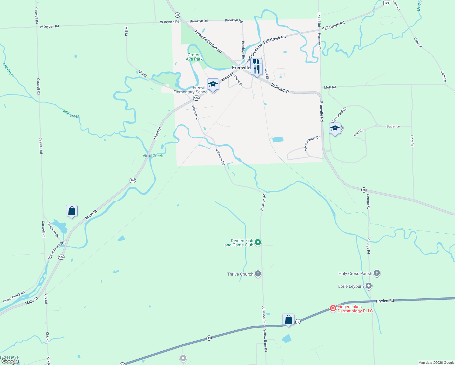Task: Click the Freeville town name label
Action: pyautogui.click(x=241, y=68)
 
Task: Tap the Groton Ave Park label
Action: pyautogui.click(x=194, y=57)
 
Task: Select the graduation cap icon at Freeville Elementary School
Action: pyautogui.click(x=213, y=84)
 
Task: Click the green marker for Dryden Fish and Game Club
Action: pyautogui.click(x=258, y=242)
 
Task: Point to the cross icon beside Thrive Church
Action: pyautogui.click(x=258, y=274)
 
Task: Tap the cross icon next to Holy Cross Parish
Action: pyautogui.click(x=377, y=273)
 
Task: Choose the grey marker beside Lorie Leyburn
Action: pyautogui.click(x=369, y=286)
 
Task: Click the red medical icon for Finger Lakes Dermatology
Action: pyautogui.click(x=333, y=308)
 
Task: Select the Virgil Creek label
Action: pyautogui.click(x=153, y=156)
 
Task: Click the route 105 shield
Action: pyautogui.click(x=387, y=3)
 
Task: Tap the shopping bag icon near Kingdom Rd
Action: pyautogui.click(x=72, y=211)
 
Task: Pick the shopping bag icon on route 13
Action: pyautogui.click(x=288, y=319)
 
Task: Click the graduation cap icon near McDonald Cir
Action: pyautogui.click(x=335, y=129)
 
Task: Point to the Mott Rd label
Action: pyautogui.click(x=330, y=87)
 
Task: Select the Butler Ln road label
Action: pyautogui.click(x=393, y=126)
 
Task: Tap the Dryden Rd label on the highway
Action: pyautogui.click(x=385, y=301)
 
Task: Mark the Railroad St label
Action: pyautogui.click(x=280, y=89)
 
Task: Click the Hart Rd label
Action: pyautogui.click(x=412, y=141)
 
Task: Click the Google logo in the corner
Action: pyautogui.click(x=10, y=361)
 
